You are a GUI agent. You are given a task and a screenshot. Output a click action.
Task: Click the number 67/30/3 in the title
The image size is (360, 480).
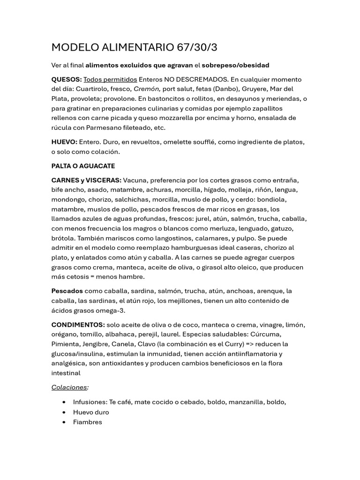pyautogui.click(x=197, y=47)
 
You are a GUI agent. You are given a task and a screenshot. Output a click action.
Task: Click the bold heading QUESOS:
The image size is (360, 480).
pyautogui.click(x=67, y=79)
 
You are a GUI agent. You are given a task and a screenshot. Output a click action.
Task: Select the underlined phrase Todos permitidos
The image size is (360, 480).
pyautogui.click(x=110, y=79)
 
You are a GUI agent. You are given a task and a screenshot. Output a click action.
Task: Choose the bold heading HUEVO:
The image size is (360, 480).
pyautogui.click(x=64, y=142)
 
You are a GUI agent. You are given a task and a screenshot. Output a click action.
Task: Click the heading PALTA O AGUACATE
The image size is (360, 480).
pyautogui.click(x=83, y=166)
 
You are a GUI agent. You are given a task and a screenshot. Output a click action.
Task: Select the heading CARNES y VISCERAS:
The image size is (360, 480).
pyautogui.click(x=86, y=180)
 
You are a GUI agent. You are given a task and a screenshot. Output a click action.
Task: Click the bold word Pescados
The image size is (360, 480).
pyautogui.click(x=67, y=291)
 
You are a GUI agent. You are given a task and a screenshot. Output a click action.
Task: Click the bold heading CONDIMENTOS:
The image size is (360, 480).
pyautogui.click(x=78, y=325)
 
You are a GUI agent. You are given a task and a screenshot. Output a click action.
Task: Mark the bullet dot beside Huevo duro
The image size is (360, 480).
pyautogui.click(x=64, y=412)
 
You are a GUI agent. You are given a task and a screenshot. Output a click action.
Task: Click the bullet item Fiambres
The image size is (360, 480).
pyautogui.click(x=87, y=422)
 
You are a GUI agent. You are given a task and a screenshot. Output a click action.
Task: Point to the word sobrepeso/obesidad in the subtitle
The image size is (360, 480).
pyautogui.click(x=235, y=65)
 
